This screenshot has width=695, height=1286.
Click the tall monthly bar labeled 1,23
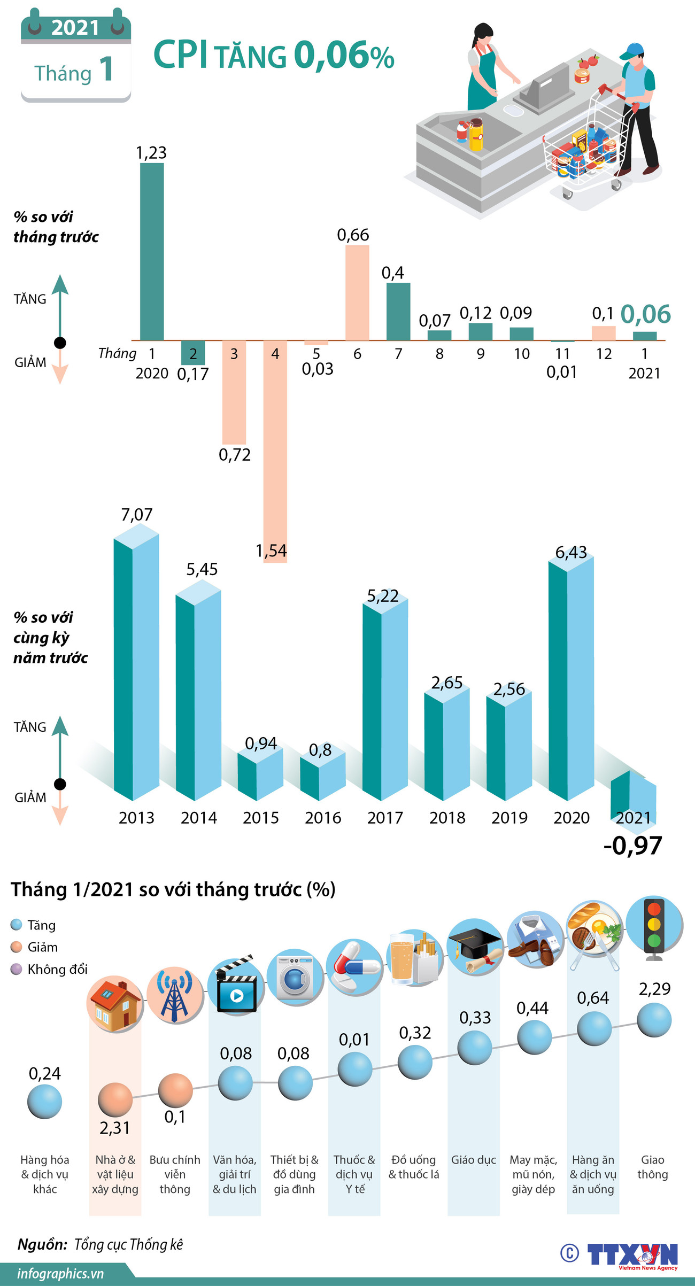pos(152,251)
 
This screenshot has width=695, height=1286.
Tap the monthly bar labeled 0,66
pos(357,293)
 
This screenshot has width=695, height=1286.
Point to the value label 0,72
pos(235,455)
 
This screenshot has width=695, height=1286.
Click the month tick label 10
pos(521,354)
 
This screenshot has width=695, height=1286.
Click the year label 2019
pos(509,818)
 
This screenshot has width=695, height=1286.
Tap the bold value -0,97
pos(632,846)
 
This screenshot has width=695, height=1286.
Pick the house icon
pos(115,1005)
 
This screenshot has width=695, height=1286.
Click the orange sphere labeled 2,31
pos(115,1100)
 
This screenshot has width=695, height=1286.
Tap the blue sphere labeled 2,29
pos(654,1020)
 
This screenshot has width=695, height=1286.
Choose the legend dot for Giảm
pos(17,947)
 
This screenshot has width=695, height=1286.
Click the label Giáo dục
pos(474,1160)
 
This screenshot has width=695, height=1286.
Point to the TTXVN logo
pos(632,1253)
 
